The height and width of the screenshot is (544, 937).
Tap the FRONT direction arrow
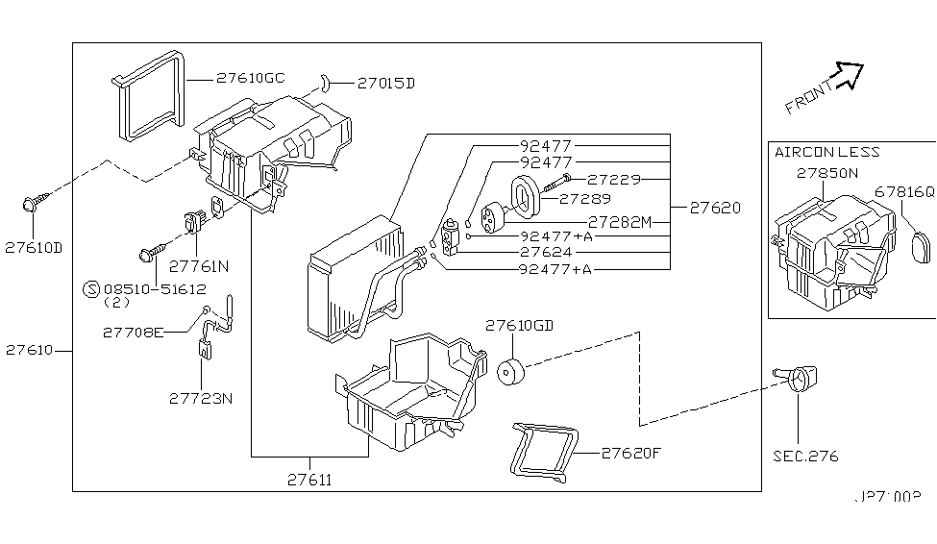pos(848,75)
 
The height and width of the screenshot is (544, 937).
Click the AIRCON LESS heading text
pos(826,152)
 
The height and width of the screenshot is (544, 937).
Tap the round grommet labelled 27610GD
pos(510,370)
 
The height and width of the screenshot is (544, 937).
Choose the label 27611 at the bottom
pos(309,478)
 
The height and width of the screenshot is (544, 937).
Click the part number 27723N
pos(200,399)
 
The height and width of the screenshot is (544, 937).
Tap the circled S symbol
pos(91,286)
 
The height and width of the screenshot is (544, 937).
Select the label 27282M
pos(619,222)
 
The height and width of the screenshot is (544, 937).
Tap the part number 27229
pos(615,180)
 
